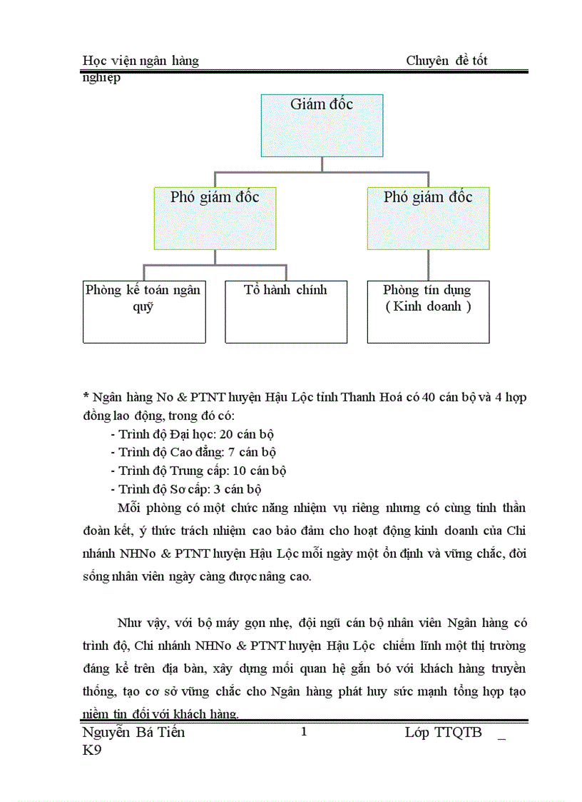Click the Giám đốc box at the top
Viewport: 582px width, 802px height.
tap(322, 125)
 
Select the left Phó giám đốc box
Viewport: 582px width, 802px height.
tap(215, 218)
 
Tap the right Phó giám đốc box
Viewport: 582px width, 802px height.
tap(428, 218)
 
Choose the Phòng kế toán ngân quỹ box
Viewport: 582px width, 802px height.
tap(144, 311)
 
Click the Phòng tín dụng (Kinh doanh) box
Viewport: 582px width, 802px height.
tap(428, 311)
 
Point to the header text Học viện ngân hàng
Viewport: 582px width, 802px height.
tap(141, 61)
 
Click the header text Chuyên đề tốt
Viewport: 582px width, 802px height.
tap(446, 61)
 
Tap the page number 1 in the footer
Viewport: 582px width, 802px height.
tap(304, 731)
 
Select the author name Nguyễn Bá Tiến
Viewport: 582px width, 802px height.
tap(133, 732)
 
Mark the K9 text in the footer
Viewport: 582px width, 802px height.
tap(92, 751)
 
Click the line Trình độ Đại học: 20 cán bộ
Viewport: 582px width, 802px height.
tap(193, 434)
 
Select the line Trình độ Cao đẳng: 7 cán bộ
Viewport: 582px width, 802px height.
tap(193, 452)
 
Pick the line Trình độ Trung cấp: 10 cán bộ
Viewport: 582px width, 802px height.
tap(198, 471)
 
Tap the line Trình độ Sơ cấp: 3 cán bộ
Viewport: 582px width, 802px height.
tap(186, 489)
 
